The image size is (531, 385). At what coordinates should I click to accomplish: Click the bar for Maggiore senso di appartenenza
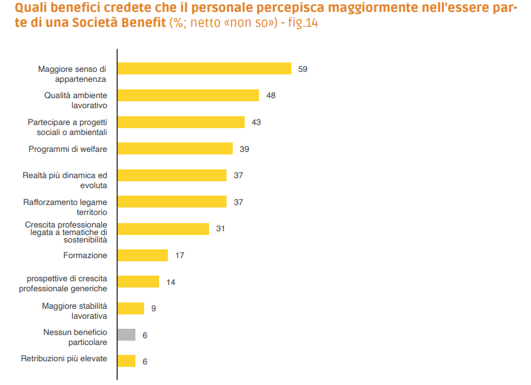(x=204, y=68)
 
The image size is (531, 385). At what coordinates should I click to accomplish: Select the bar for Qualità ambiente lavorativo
(x=188, y=95)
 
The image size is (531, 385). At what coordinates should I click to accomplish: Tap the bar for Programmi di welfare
(x=175, y=148)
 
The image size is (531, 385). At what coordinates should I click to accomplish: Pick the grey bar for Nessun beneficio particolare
(x=126, y=334)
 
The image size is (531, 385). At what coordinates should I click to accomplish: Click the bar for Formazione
(x=142, y=255)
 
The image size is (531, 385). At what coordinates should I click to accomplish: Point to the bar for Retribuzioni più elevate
(x=126, y=361)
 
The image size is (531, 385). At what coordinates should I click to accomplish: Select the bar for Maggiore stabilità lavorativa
(x=130, y=308)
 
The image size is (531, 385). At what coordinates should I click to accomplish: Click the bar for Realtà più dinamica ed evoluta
(x=172, y=175)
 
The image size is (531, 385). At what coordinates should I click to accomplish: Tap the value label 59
(x=303, y=69)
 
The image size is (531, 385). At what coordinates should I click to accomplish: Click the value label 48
(x=271, y=96)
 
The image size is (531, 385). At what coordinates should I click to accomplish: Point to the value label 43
(x=256, y=122)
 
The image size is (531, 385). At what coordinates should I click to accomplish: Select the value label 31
(x=220, y=229)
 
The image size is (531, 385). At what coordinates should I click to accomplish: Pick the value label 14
(x=170, y=282)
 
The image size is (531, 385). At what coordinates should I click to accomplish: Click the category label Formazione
(x=85, y=255)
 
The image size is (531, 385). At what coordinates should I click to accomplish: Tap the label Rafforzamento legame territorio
(x=65, y=207)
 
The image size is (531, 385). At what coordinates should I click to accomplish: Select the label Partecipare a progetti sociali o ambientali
(x=67, y=127)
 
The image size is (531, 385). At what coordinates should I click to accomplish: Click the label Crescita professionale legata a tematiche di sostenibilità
(x=66, y=232)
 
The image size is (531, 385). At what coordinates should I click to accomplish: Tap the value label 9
(x=153, y=308)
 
